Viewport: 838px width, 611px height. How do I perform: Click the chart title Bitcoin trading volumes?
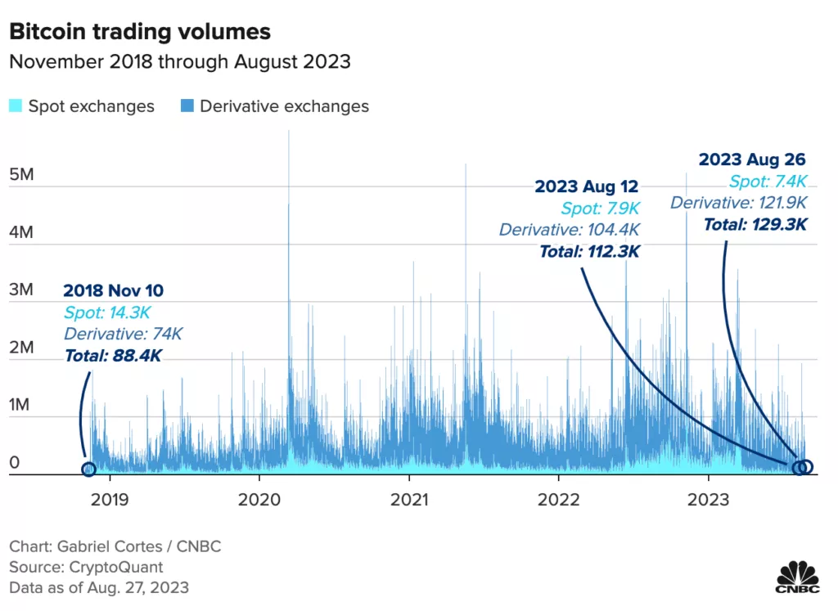(x=139, y=32)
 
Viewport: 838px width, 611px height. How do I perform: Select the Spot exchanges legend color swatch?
(x=16, y=106)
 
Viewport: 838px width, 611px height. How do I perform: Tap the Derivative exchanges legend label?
(x=284, y=106)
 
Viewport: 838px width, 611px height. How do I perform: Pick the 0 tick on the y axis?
(x=15, y=463)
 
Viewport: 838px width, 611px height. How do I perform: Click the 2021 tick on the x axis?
(x=409, y=498)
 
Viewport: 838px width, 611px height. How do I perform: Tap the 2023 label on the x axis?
(x=709, y=498)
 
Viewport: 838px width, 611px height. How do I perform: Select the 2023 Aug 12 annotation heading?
(x=586, y=186)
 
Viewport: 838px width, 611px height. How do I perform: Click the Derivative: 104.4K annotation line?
(x=570, y=230)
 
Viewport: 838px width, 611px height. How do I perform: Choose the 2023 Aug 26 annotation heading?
(x=752, y=160)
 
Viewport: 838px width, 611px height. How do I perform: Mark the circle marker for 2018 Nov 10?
(x=88, y=469)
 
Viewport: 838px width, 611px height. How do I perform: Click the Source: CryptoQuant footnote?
(x=86, y=567)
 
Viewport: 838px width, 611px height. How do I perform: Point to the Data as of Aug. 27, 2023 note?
(x=99, y=587)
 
